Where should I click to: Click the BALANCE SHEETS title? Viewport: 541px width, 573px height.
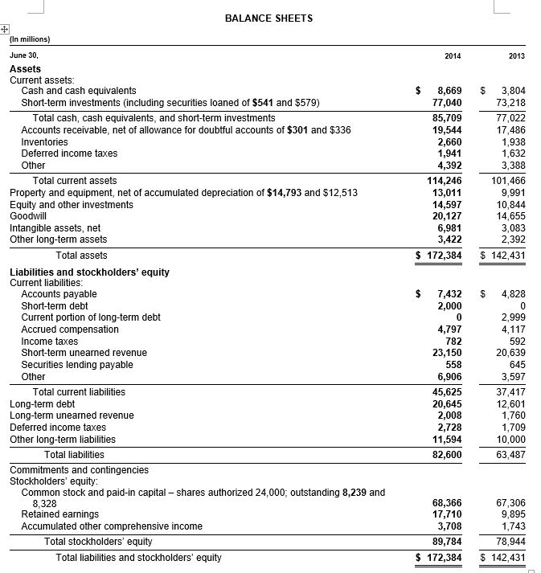click(x=268, y=18)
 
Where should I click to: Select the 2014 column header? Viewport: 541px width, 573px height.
click(x=453, y=55)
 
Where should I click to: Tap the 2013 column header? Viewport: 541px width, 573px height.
click(x=516, y=55)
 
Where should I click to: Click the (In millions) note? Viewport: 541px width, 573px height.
click(x=30, y=39)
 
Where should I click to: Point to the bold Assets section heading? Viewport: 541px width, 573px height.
click(x=25, y=69)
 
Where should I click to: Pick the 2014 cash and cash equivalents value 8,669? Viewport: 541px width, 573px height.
click(x=449, y=92)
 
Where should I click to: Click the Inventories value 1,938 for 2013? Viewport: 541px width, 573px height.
click(x=512, y=142)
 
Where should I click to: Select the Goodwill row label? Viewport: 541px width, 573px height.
click(x=28, y=216)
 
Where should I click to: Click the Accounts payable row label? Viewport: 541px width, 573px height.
click(x=59, y=294)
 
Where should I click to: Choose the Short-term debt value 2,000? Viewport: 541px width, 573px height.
click(x=449, y=306)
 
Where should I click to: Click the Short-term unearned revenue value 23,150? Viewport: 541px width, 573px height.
click(x=446, y=353)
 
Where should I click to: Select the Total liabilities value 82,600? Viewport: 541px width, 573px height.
click(x=446, y=455)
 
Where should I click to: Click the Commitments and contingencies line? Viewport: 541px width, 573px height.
click(x=79, y=469)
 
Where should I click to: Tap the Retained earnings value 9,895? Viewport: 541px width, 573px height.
click(x=512, y=514)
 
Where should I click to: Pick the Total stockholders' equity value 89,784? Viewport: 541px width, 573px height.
click(x=446, y=542)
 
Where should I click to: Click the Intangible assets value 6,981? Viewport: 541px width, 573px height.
click(x=449, y=228)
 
